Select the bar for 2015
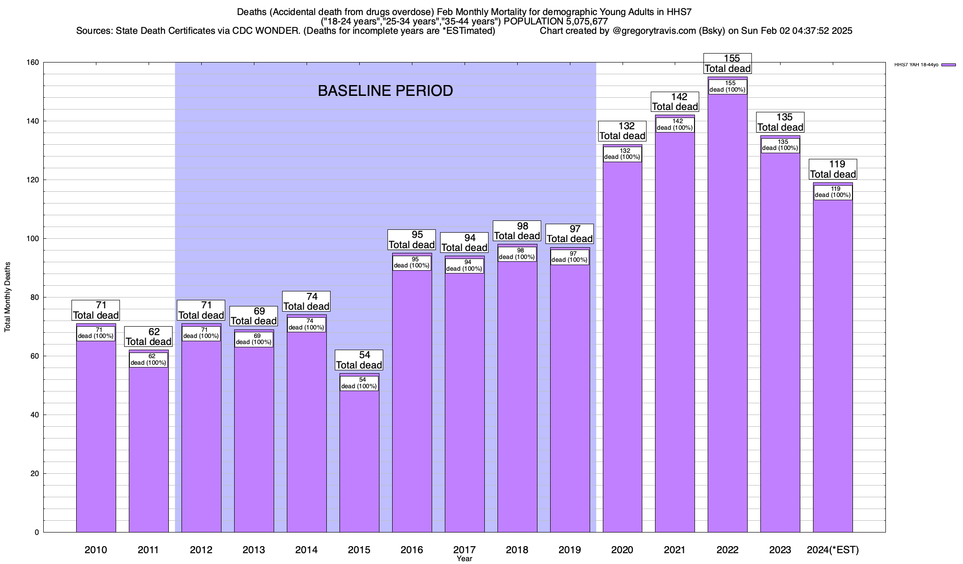359,461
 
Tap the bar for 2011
149,446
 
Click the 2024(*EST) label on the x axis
833,550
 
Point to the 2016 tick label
411,550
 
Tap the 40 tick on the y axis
35,415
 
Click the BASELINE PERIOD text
385,91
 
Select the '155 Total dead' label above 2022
727,63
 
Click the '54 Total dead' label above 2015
359,360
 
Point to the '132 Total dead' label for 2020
622,131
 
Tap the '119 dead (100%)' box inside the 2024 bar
833,192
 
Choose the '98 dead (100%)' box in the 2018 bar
517,254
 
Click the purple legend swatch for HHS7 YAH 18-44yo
948,65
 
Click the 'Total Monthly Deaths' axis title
8,297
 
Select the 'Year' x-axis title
464,559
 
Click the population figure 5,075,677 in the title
578,22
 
